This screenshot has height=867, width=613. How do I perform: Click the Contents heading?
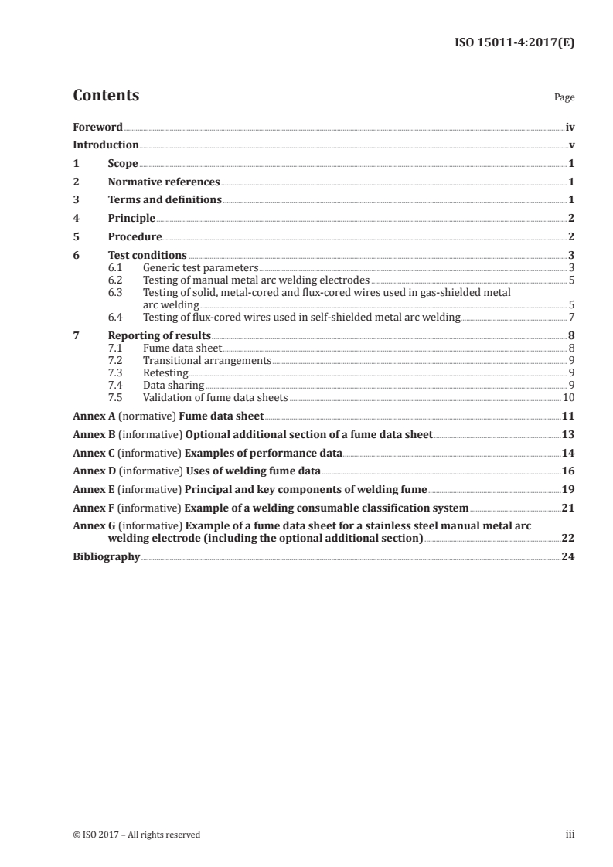coord(106,96)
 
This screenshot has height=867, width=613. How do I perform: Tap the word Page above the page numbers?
coord(564,98)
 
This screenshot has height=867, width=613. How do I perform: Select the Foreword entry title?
coord(97,127)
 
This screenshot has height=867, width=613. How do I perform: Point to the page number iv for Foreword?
coord(570,127)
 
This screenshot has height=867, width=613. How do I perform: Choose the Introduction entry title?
coord(106,145)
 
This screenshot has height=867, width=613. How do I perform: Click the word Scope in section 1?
coord(123,164)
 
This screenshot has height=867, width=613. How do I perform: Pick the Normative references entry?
coord(164,182)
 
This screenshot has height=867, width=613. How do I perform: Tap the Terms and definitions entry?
coord(165,200)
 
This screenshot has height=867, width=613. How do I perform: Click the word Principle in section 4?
coord(131,219)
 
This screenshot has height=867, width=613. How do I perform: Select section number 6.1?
coord(115,267)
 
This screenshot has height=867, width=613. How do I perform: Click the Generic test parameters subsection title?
coord(200,267)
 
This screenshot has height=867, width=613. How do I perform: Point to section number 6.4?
coord(115,316)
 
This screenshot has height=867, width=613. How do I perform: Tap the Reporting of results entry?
coord(159,335)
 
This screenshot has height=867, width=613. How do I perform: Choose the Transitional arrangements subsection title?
coord(206,360)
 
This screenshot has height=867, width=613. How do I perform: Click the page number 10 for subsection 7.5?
coord(568,397)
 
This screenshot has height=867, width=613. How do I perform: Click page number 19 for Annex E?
coord(568,489)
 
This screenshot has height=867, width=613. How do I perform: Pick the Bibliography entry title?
coord(106,556)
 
